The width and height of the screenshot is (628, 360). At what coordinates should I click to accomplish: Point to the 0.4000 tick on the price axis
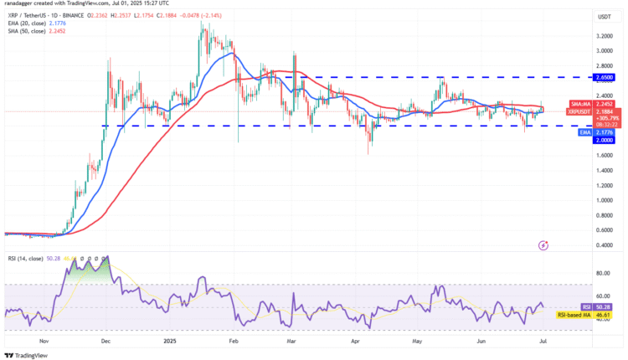click(601, 245)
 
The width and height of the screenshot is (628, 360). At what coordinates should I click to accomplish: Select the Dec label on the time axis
click(106, 342)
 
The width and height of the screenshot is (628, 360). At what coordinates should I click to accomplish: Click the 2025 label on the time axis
click(170, 342)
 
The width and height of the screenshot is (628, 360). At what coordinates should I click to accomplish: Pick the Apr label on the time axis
click(355, 342)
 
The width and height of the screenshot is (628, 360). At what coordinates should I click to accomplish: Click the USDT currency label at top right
click(602, 17)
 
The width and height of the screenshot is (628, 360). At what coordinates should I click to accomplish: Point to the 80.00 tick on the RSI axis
click(601, 273)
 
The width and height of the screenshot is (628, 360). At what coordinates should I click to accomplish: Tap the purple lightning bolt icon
click(544, 245)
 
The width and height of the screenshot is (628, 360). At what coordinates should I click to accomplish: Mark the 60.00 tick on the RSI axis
click(601, 296)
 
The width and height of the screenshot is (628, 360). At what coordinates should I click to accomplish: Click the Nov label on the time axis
click(44, 342)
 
